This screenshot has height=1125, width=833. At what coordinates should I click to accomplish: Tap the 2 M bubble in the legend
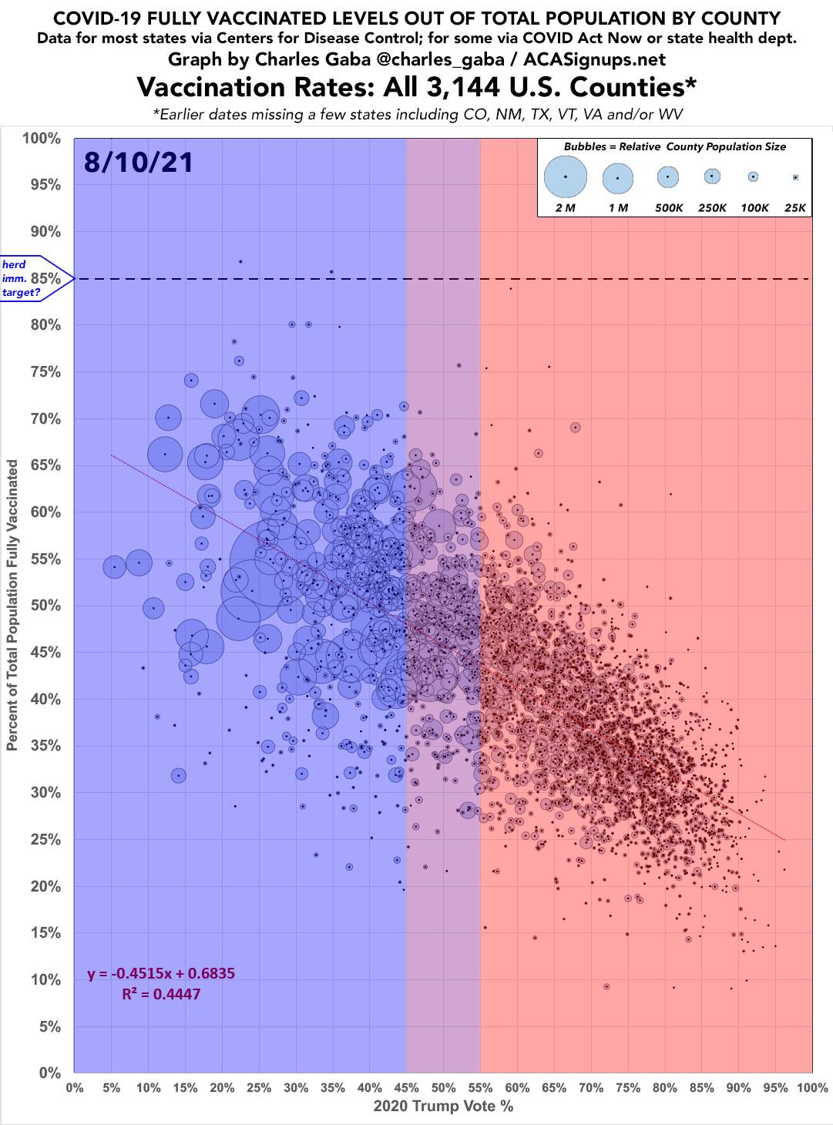pos(566,176)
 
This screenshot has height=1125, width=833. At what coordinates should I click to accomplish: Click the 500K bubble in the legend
pos(668,176)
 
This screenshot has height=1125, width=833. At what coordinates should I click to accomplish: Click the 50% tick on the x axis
pos(443,1089)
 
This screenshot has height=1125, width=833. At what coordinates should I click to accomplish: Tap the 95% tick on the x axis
pos(775,1089)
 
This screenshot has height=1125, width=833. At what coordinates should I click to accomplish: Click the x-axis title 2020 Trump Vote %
pos(442,1107)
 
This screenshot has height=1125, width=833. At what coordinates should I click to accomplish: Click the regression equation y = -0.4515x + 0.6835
pos(161,974)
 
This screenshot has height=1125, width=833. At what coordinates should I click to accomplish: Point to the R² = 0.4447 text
pos(161,994)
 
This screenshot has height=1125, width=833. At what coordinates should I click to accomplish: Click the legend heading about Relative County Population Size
pos(673,146)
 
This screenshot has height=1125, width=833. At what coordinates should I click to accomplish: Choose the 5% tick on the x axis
pos(111,1089)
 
